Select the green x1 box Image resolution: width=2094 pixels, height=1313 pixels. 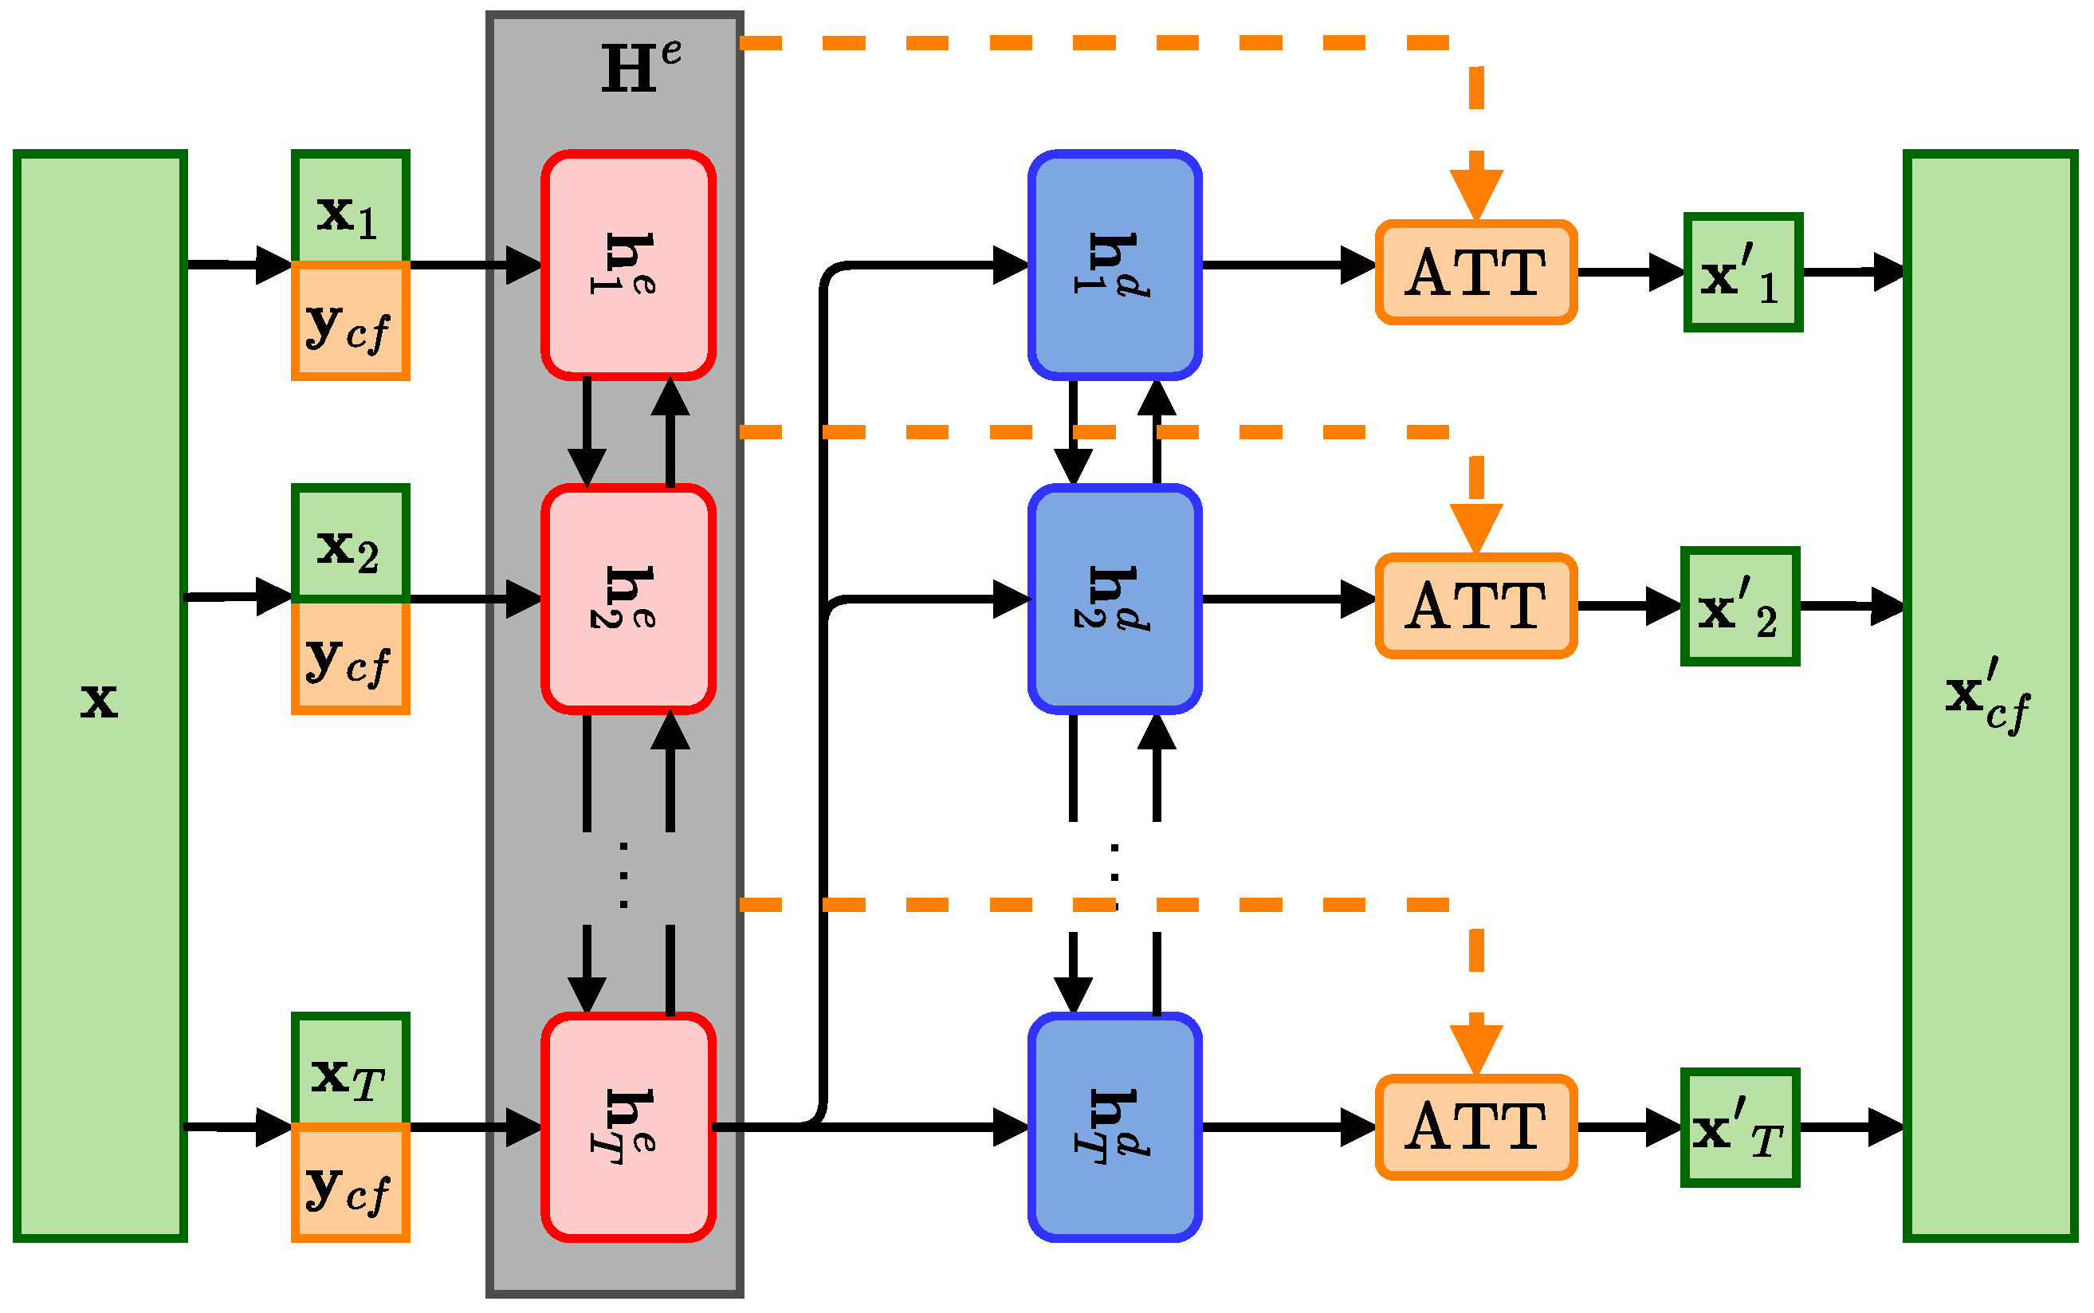click(x=350, y=208)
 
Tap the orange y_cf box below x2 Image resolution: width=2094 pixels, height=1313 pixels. click(x=350, y=658)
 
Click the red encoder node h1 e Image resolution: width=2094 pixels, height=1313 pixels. click(x=627, y=265)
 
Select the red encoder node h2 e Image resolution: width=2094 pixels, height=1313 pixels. click(x=627, y=599)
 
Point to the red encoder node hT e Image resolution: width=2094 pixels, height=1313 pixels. click(x=627, y=1127)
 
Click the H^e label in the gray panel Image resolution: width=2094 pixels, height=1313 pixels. click(x=641, y=67)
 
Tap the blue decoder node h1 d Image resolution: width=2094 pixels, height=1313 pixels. click(x=1114, y=265)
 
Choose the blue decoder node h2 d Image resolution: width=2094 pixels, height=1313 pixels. click(x=1114, y=599)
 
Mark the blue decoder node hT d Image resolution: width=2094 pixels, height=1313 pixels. click(x=1114, y=1127)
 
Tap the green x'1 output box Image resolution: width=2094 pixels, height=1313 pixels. click(x=1742, y=272)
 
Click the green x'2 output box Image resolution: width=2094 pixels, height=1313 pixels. click(x=1739, y=606)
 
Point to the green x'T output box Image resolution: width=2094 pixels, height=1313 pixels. click(x=1739, y=1127)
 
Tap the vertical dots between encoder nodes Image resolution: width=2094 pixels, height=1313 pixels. click(x=623, y=875)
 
